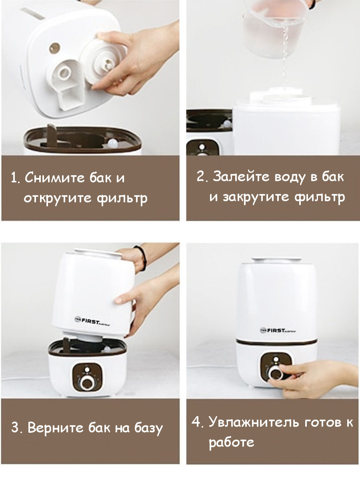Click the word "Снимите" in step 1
point(55,177)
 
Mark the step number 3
point(16,428)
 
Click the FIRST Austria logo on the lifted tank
point(92,320)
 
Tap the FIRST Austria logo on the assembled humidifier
point(278,330)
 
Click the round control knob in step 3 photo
point(87,383)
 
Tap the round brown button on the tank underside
point(54,48)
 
